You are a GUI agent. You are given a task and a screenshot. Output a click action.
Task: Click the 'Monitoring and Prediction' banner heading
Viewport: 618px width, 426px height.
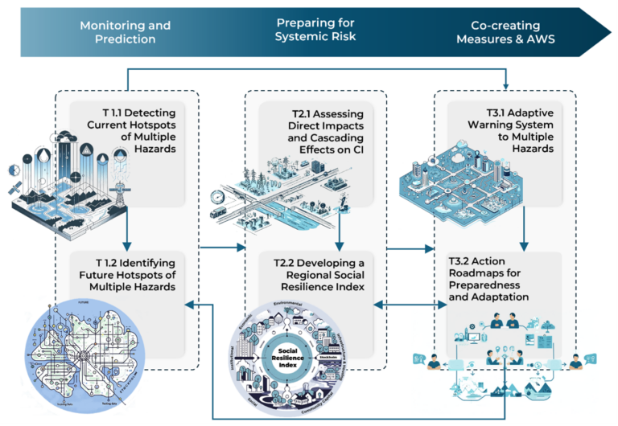(x=125, y=31)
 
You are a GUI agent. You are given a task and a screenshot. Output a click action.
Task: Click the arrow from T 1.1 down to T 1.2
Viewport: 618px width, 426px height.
(x=127, y=233)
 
